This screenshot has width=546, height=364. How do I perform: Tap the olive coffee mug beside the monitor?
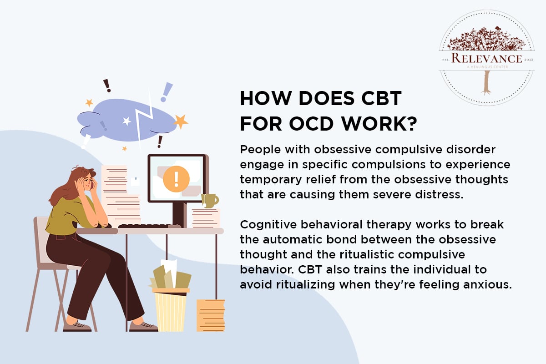point(210,201)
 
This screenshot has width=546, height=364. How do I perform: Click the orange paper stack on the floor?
point(210,315)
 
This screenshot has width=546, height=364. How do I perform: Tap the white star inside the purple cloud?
point(126,121)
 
